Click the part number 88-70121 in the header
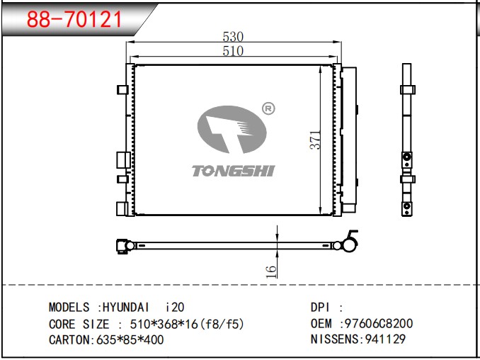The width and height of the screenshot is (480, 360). (x=74, y=20)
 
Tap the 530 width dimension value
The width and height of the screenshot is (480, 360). (x=233, y=37)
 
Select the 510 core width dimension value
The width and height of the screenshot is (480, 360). (x=233, y=51)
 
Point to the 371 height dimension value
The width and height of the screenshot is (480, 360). (x=316, y=140)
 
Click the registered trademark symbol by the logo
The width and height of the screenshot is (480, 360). (x=268, y=109)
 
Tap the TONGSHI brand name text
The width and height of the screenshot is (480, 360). (x=233, y=170)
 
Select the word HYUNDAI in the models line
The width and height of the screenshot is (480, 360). (x=126, y=308)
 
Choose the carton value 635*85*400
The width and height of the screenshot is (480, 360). (x=129, y=339)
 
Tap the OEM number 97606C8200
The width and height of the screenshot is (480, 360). (x=377, y=324)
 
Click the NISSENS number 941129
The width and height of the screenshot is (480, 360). (x=385, y=339)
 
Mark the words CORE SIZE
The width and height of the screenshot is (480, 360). (x=79, y=324)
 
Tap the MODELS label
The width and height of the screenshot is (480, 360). (x=69, y=308)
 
